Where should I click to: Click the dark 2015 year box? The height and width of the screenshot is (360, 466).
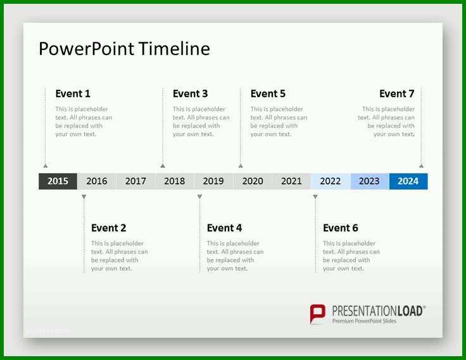(58, 181)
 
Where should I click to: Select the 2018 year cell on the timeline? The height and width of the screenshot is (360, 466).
(175, 181)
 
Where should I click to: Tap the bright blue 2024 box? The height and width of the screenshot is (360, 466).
(408, 181)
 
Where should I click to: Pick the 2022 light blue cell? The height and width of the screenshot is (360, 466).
(331, 181)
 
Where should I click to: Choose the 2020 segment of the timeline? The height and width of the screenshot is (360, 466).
(253, 181)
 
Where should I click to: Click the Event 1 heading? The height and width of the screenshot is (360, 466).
(73, 94)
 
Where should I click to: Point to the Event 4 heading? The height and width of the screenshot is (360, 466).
(224, 228)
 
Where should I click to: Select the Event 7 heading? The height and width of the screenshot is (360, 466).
(397, 94)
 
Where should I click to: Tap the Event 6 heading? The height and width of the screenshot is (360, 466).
(341, 228)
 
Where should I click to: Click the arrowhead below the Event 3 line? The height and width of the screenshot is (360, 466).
(163, 165)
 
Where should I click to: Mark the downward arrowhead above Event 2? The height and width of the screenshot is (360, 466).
(84, 196)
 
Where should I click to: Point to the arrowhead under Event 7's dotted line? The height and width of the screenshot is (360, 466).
(422, 165)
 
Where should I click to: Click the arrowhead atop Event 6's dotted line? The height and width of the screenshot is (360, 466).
(315, 196)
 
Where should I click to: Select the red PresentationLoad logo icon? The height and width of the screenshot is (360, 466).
(317, 314)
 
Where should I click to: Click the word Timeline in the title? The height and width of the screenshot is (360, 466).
(174, 49)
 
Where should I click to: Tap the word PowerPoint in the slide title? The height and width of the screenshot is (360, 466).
(87, 49)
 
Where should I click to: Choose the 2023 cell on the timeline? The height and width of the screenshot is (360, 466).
(369, 181)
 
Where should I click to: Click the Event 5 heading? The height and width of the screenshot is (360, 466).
(268, 94)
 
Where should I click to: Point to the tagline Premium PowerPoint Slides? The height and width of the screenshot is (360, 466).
(364, 321)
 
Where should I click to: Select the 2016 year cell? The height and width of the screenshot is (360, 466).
(97, 181)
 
